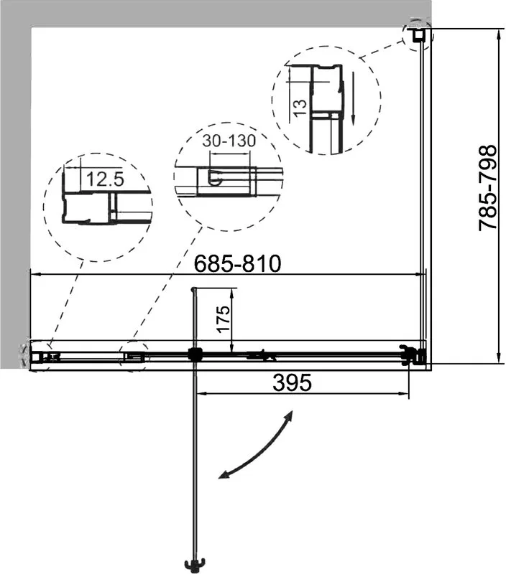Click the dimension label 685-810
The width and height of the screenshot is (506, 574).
237,263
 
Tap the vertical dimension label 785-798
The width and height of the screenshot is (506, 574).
487,188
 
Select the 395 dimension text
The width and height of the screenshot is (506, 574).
293,382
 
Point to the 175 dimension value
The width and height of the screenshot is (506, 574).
223,319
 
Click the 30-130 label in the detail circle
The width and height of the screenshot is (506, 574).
229,141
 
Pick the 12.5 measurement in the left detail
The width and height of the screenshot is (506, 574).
105,179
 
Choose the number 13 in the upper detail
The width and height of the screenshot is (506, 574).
300,108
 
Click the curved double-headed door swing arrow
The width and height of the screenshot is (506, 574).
255,444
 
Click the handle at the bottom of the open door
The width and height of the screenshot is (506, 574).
195,564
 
